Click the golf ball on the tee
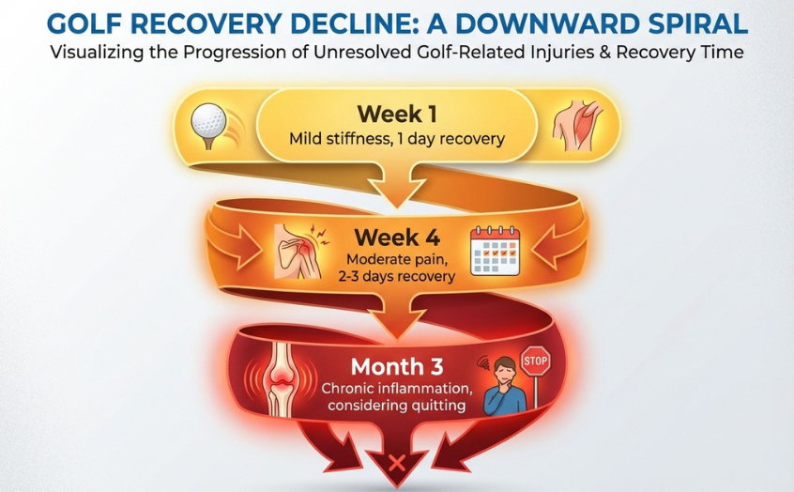(208, 122)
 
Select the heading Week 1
(397, 114)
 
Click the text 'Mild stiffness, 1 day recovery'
(397, 139)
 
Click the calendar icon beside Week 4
(496, 251)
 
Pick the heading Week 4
(397, 238)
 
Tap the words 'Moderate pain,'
(397, 260)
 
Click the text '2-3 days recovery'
(397, 277)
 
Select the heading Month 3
(397, 367)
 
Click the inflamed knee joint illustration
(280, 379)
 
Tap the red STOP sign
(536, 361)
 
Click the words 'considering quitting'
(396, 406)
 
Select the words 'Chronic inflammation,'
(397, 389)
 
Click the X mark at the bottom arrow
(397, 463)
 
